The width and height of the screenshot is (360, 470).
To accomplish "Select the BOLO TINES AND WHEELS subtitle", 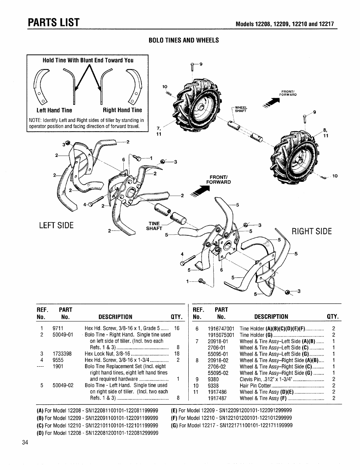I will tap(184, 40).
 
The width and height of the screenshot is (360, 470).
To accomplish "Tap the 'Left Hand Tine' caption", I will tap(54, 110).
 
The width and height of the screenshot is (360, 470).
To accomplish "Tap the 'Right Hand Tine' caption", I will tap(123, 110).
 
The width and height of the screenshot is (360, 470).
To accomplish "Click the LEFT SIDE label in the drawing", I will tap(57, 225).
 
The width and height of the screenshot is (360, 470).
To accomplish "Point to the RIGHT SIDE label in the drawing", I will tap(312, 231).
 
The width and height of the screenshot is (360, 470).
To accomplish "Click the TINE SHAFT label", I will tap(155, 226).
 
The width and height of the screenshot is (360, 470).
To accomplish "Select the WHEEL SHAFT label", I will tap(241, 109).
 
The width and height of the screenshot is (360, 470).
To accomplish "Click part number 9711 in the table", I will tap(58, 328).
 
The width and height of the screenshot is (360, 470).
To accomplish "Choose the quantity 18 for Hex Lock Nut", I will tap(177, 354).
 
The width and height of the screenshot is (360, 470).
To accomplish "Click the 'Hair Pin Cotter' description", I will tap(255, 386).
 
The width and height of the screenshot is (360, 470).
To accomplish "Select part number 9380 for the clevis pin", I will tap(213, 379).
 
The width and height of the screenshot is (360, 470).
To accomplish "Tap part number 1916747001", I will tap(221, 328).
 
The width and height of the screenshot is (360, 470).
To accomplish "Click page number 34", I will tap(25, 442).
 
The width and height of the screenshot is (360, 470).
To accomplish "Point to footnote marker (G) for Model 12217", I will tap(174, 425).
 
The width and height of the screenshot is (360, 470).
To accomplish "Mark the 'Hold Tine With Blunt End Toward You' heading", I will tap(88, 60).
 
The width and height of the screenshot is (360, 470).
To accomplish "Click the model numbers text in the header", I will tap(285, 24).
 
